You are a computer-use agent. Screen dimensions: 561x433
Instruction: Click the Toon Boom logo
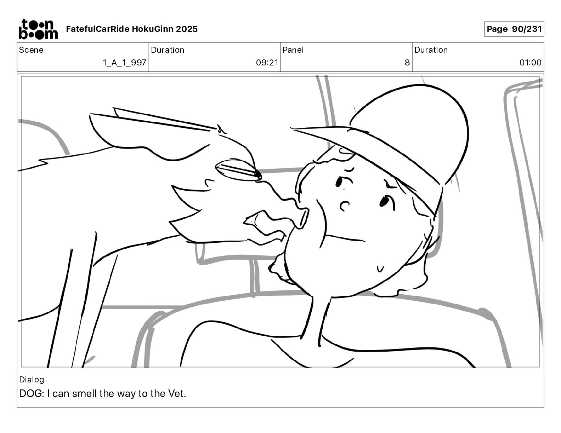[38, 29]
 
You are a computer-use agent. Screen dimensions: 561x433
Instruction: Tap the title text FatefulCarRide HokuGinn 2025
[132, 29]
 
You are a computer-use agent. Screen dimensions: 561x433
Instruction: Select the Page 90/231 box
[514, 29]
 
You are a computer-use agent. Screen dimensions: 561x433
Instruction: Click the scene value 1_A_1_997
[124, 62]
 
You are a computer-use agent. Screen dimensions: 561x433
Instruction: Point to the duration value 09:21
[267, 62]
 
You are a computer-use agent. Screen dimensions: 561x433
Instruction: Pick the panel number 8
[407, 62]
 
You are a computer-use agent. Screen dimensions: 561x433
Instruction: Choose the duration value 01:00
[530, 62]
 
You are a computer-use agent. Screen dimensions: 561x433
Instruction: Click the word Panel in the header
[293, 50]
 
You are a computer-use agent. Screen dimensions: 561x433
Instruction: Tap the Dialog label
[32, 380]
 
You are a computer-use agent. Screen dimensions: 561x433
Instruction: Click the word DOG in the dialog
[30, 393]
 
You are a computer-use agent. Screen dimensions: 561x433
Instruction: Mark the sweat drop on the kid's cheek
[380, 269]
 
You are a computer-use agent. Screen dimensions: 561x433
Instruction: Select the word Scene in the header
[31, 50]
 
